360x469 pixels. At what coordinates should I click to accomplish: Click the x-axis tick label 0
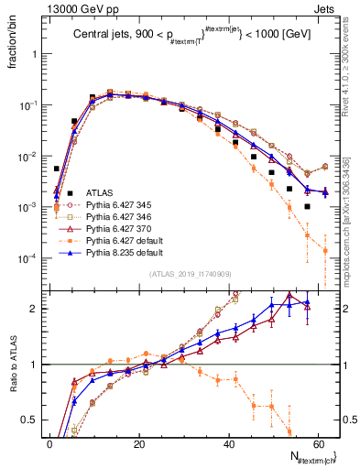pyautogui.click(x=49, y=442)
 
